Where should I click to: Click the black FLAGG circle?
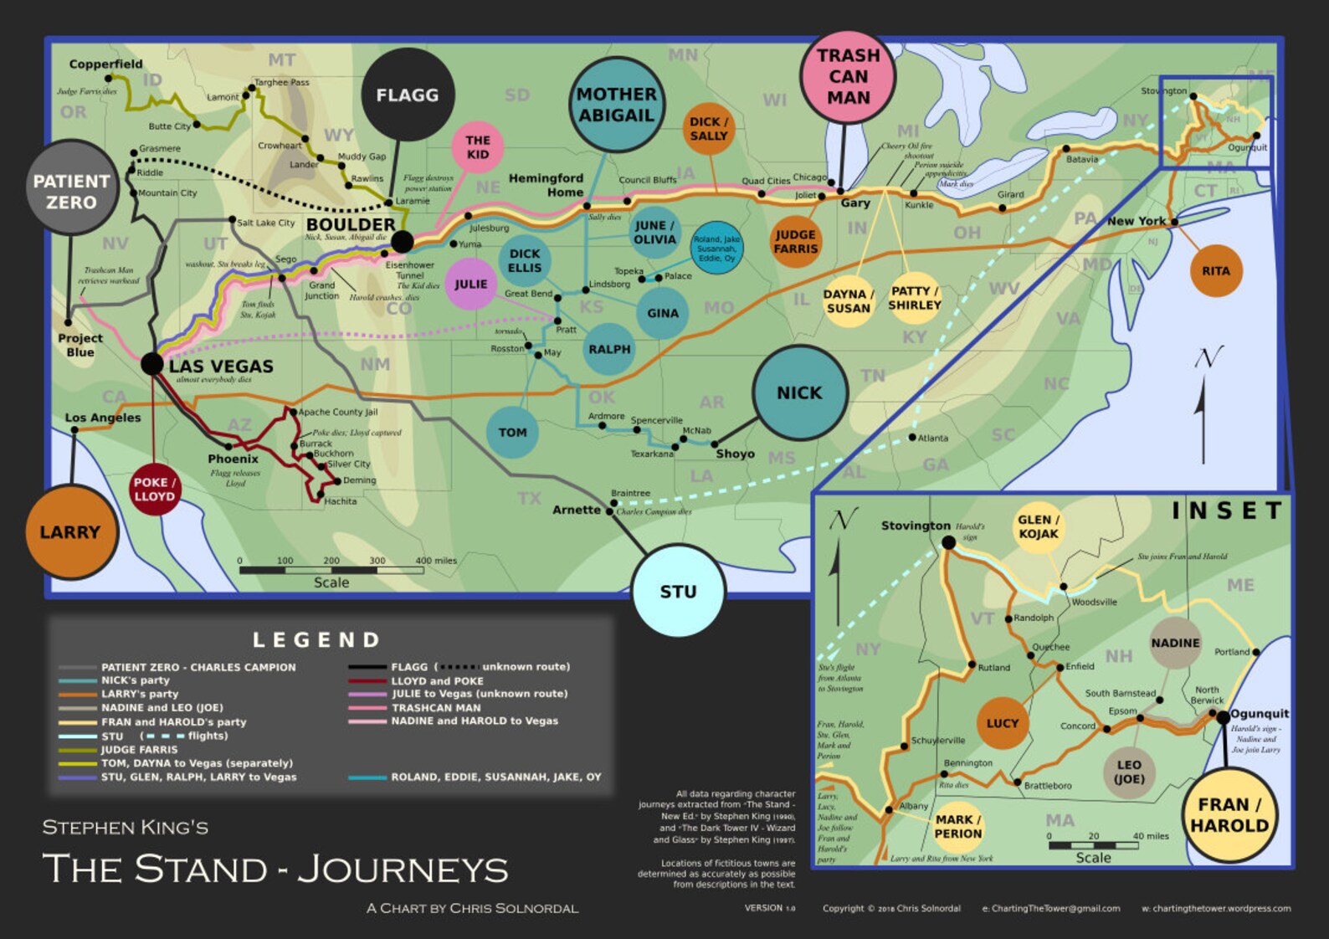[x=408, y=95]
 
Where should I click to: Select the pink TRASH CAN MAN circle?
[x=848, y=76]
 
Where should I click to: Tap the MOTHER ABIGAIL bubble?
[x=616, y=105]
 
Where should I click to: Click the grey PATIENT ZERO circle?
[x=71, y=191]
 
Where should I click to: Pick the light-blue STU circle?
[x=678, y=592]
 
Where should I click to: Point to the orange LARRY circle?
[x=71, y=532]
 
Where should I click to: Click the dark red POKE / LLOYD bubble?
[x=155, y=490]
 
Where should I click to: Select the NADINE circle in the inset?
[x=1175, y=643]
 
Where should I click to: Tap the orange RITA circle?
[x=1215, y=270]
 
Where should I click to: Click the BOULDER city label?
[x=351, y=224]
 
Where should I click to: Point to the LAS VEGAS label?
[x=221, y=367]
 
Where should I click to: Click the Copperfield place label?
[x=105, y=64]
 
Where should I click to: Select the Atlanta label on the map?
[x=933, y=438]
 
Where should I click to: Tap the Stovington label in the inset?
[x=915, y=526]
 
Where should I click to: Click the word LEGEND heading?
[x=316, y=640]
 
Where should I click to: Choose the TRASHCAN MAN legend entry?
[x=436, y=707]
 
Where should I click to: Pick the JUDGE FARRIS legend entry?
[x=139, y=750]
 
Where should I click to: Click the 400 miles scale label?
[x=436, y=561]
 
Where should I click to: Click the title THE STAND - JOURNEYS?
[x=275, y=869]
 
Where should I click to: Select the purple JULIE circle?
[x=471, y=285]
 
